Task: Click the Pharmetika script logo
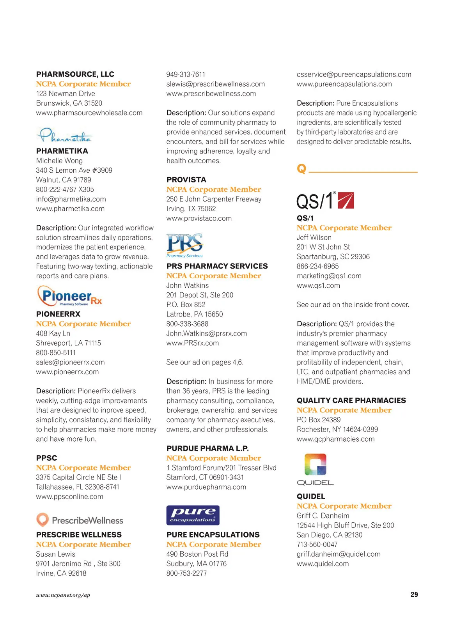[65, 135]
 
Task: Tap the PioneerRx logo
[70, 296]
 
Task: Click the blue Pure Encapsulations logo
[193, 515]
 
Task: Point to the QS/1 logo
[325, 201]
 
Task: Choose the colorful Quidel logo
[315, 469]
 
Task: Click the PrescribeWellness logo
[80, 520]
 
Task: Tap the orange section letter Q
[301, 169]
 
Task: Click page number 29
[414, 594]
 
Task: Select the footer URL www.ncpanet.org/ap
[63, 595]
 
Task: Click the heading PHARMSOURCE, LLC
[75, 74]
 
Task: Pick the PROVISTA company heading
[186, 180]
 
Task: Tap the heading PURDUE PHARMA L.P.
[207, 448]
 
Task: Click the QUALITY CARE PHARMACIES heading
[351, 400]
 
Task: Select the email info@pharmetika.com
[71, 199]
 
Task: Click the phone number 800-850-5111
[56, 353]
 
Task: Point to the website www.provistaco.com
[199, 218]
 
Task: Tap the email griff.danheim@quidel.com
[339, 554]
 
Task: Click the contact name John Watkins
[188, 285]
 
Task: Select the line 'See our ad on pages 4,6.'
[205, 362]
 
